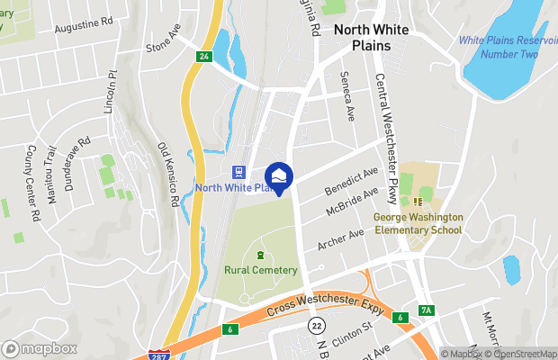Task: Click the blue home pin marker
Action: pos(280,177)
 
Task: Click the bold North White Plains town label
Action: pos(372,37)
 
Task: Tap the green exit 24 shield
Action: pos(203,57)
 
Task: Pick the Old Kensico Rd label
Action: pos(166,172)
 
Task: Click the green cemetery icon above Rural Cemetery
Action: pos(261,255)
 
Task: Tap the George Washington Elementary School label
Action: pos(418,223)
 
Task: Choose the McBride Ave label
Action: pos(352,202)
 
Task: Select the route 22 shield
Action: pos(317,324)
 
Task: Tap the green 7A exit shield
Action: pos(427,310)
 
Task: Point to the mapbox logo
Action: pos(39,347)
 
